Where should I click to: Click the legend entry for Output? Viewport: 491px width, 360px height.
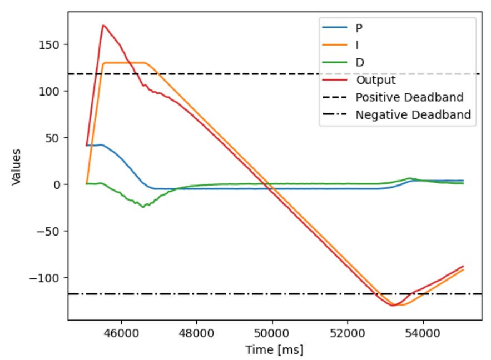click(x=375, y=80)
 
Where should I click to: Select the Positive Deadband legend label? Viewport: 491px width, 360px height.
click(x=409, y=98)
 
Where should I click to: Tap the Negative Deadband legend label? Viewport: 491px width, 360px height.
click(x=413, y=115)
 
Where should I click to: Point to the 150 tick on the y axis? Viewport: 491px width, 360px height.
click(x=53, y=44)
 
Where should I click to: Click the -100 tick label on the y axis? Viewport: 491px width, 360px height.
click(x=50, y=278)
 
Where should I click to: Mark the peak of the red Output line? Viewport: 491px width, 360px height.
click(x=103, y=25)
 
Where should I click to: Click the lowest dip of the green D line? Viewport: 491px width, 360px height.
click(x=143, y=207)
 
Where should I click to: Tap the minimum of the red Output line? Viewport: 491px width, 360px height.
click(x=393, y=306)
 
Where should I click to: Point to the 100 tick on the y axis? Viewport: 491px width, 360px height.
click(x=53, y=91)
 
